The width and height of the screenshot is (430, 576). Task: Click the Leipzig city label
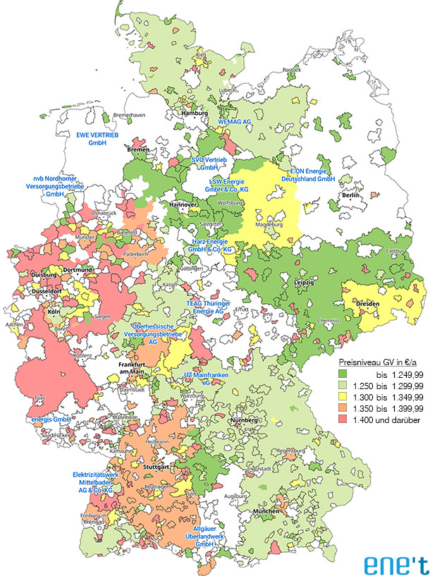click(x=305, y=282)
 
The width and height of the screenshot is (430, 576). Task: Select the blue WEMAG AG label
click(x=234, y=122)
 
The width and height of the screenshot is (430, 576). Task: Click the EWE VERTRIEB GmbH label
click(x=95, y=137)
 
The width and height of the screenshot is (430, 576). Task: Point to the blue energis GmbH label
click(x=51, y=419)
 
